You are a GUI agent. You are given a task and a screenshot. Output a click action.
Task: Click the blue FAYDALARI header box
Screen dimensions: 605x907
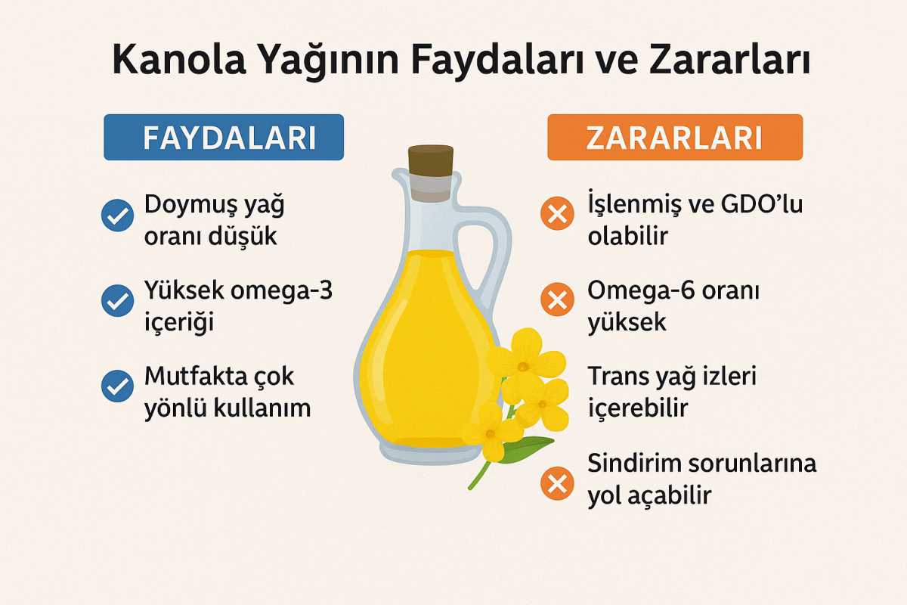click(x=224, y=137)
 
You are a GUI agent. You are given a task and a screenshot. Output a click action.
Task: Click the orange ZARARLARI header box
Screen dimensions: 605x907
click(x=675, y=137)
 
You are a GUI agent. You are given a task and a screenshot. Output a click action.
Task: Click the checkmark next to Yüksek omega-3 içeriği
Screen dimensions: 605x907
click(x=117, y=302)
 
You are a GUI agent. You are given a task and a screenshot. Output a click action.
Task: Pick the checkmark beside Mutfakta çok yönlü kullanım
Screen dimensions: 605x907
click(x=117, y=386)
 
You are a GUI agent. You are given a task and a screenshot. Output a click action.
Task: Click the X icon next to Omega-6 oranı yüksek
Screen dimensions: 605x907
click(x=557, y=302)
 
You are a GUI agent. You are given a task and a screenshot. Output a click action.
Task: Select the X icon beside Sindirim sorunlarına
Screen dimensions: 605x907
click(x=557, y=483)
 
